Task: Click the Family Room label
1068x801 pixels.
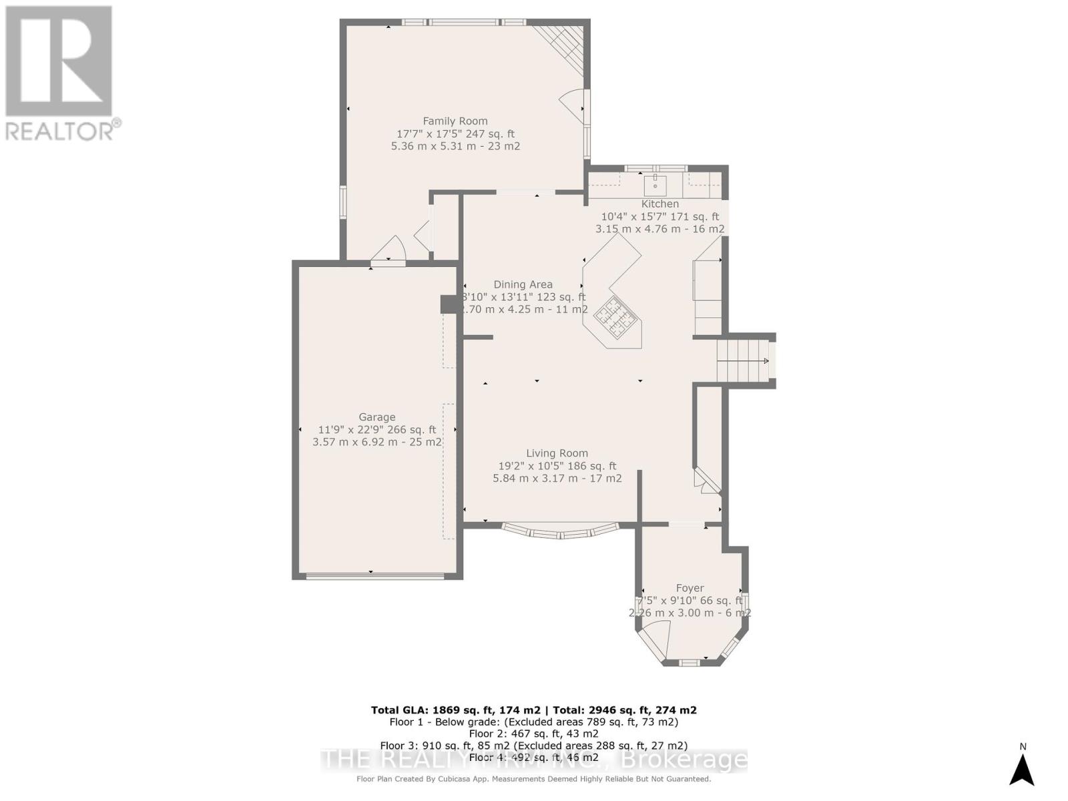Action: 455,121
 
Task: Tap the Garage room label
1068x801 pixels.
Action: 377,417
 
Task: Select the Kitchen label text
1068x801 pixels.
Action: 660,204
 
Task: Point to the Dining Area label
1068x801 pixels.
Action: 523,284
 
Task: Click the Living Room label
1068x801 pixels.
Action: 557,453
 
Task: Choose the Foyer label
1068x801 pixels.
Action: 690,588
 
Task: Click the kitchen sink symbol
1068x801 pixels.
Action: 655,182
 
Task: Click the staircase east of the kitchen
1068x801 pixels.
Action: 742,361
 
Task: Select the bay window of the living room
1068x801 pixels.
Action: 561,531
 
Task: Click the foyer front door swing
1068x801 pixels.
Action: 657,637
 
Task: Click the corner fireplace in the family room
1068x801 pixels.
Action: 564,43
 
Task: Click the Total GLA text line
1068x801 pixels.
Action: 533,710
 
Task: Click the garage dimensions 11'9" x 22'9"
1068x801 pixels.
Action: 376,430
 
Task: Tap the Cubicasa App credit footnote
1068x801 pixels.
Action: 533,779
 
